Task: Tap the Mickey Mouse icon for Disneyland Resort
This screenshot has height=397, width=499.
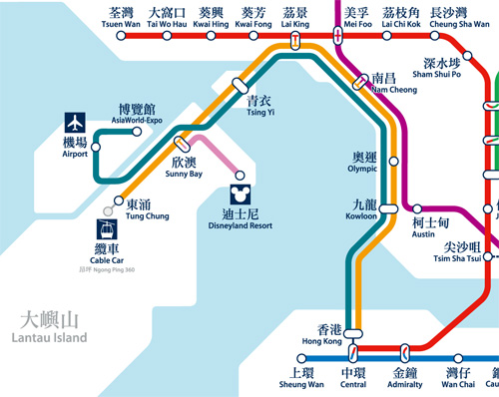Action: tap(239, 188)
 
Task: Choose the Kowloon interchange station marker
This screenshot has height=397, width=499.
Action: tap(387, 207)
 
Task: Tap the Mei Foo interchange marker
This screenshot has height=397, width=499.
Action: tap(339, 36)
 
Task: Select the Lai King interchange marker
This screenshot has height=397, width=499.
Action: tap(295, 40)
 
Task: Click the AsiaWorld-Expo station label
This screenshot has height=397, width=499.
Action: tap(136, 114)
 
